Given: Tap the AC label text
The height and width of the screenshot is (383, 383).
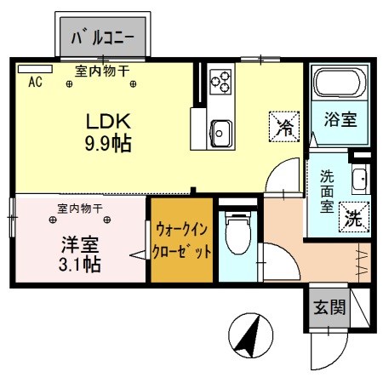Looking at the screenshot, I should (x=36, y=83).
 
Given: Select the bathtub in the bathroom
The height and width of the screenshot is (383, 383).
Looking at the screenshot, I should (x=340, y=84).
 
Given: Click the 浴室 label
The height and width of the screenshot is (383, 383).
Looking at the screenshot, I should (x=339, y=122).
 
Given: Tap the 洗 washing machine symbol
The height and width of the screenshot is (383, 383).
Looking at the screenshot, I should (x=352, y=216).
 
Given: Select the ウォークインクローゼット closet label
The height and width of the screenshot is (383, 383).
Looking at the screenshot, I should (x=180, y=240).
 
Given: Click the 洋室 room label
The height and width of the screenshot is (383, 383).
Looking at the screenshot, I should (x=79, y=242).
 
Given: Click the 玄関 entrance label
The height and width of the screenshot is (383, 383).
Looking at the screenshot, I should (x=328, y=307).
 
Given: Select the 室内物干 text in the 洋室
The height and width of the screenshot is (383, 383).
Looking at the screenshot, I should (x=80, y=208).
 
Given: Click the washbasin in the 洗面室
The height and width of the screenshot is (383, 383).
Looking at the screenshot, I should (x=359, y=180).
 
